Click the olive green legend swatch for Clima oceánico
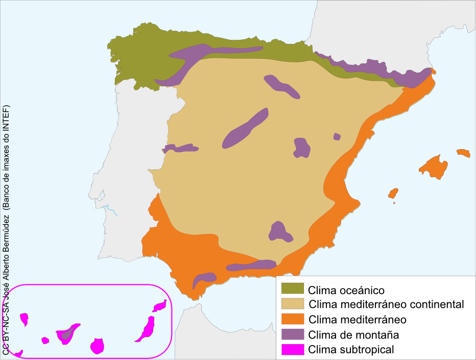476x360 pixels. pos(293,289)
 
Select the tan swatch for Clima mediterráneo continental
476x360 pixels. pos(293,304)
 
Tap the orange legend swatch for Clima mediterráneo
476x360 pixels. pos(293,320)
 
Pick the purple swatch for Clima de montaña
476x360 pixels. pos(293,334)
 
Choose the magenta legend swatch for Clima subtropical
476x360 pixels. pos(293,350)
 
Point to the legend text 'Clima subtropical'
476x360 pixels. pos(351,350)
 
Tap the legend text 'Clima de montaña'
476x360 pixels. pos(353,335)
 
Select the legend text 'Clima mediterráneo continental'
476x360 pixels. pos(386,305)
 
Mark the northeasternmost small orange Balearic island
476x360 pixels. pos(463,153)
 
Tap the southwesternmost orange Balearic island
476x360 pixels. pos(393,193)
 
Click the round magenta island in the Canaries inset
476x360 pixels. pos(97,346)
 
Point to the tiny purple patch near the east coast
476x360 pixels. pos(337,136)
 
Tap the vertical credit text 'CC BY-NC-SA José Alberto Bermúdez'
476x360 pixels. pos(6,230)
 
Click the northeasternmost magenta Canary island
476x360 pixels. pos(160,305)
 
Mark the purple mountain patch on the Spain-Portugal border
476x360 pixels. pos(180,148)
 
